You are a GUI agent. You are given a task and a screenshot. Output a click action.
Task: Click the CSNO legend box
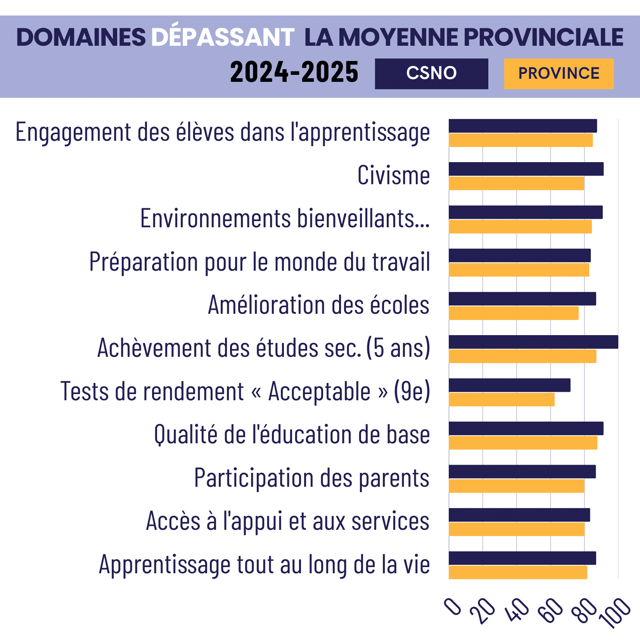point(431,74)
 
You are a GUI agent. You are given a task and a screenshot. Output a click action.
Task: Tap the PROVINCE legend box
point(559,74)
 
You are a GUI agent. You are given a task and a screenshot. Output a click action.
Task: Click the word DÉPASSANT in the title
point(223,38)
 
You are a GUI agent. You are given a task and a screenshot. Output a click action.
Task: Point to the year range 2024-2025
point(294,73)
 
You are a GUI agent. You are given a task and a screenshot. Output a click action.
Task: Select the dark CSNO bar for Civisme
point(526,169)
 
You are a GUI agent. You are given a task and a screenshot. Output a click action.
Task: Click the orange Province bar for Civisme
point(516,183)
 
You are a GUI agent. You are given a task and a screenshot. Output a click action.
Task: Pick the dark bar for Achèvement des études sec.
point(533,342)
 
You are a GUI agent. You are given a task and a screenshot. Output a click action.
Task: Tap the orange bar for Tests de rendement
point(502,400)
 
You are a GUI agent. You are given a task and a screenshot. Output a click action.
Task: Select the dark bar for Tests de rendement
point(509,385)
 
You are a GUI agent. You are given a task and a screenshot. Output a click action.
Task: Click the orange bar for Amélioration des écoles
point(514,313)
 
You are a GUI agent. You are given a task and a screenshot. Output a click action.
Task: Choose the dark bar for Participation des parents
point(522,472)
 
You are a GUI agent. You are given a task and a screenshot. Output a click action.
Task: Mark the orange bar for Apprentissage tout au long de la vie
point(518,573)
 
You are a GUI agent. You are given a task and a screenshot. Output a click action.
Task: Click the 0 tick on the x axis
point(453,607)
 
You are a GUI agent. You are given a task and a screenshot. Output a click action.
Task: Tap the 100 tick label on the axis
point(615,613)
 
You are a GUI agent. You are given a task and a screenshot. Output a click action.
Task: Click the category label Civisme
point(393,175)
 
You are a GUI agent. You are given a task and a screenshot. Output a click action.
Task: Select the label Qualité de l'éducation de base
point(292,434)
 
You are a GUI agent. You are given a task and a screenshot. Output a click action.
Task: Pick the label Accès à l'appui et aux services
point(287,521)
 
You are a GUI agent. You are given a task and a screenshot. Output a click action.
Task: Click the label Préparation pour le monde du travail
point(259,262)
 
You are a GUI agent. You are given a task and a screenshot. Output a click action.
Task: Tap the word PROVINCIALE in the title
point(543,38)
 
